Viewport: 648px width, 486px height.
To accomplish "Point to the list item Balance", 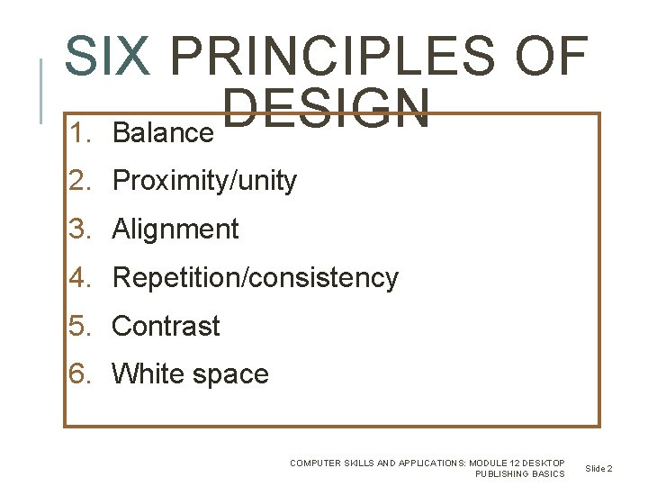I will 163,133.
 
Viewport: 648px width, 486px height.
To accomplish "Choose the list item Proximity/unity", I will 204,181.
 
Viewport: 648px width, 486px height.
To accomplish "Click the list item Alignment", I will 175,229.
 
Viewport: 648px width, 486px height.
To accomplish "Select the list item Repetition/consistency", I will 255,278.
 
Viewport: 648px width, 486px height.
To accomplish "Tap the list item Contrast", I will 166,326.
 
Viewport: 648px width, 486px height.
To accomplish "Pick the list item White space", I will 190,373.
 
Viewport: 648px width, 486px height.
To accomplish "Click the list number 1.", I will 81,133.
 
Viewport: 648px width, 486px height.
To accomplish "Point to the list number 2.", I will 81,181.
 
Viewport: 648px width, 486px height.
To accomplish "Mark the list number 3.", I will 81,229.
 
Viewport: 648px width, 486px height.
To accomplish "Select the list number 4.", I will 81,278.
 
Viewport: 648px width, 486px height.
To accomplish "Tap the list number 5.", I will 81,326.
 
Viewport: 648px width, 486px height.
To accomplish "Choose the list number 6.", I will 81,373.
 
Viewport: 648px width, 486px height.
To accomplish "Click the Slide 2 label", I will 598,469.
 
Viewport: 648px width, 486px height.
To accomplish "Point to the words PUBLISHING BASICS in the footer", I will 520,474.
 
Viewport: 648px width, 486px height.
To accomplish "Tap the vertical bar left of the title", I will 41,90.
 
